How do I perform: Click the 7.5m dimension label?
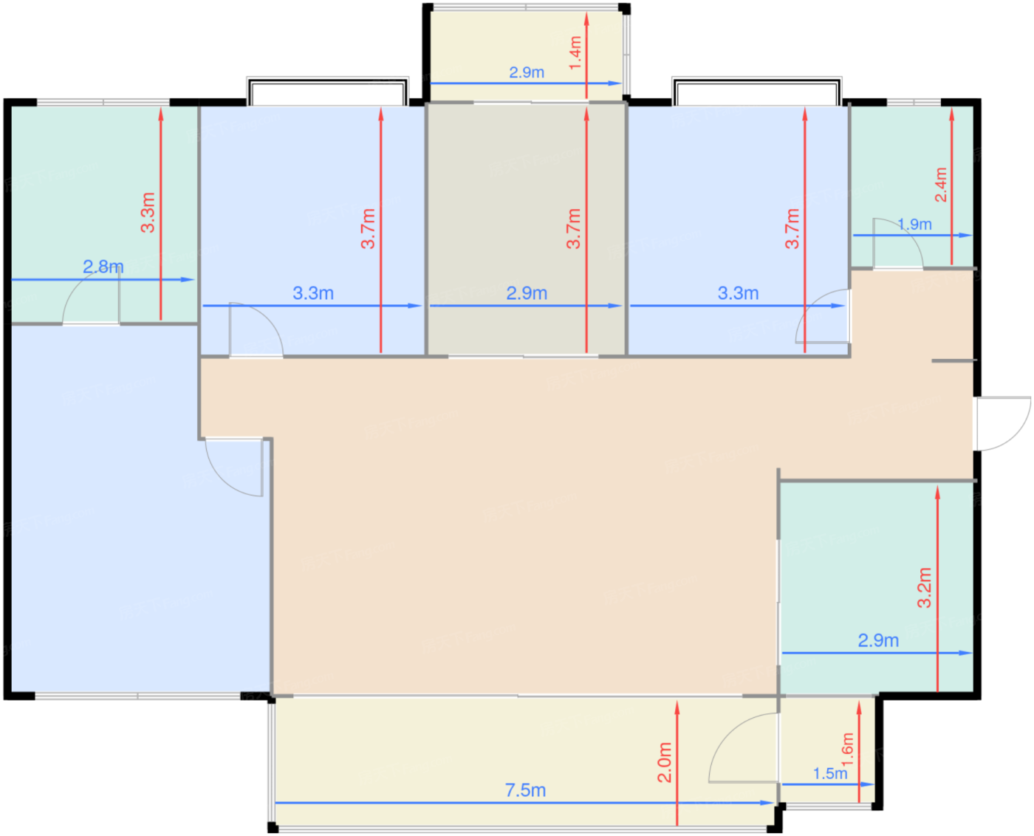525,790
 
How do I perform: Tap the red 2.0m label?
664,762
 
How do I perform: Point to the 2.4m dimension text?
940,185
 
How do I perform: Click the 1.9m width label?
914,225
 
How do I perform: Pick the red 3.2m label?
924,587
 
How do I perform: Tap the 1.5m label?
829,773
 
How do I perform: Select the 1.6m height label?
847,750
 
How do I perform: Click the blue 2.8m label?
103,267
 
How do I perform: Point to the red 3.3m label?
148,213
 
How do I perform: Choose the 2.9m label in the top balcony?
526,72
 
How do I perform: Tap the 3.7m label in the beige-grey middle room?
573,228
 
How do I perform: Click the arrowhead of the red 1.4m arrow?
586,18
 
